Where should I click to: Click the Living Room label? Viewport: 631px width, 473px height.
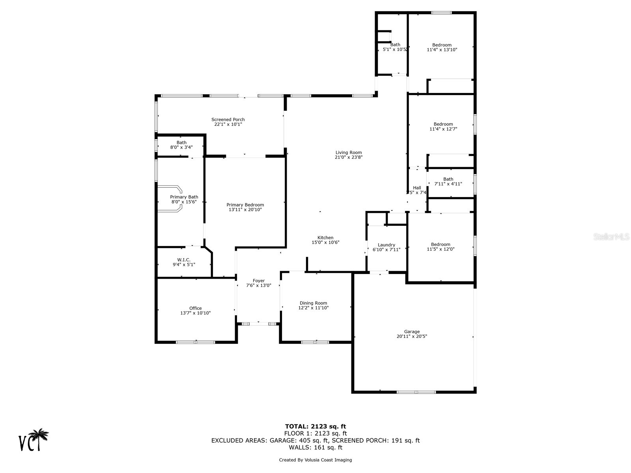click(x=348, y=153)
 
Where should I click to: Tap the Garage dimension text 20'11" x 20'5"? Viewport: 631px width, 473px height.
click(x=412, y=336)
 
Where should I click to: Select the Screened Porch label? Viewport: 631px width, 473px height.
click(x=228, y=119)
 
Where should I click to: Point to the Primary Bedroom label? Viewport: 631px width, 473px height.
click(x=245, y=205)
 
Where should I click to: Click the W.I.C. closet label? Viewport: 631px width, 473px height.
click(x=184, y=260)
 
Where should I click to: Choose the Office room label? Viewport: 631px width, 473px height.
click(x=196, y=308)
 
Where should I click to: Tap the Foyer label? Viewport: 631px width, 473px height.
click(x=259, y=281)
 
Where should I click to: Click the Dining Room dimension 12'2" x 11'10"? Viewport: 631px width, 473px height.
click(x=314, y=308)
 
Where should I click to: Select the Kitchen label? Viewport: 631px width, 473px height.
click(x=325, y=238)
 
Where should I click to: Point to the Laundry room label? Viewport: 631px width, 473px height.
click(x=386, y=245)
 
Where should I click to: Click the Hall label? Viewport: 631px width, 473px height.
click(x=417, y=188)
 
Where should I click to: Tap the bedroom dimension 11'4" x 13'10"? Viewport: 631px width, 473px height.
click(x=442, y=50)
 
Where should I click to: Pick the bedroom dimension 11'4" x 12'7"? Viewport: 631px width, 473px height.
click(x=443, y=129)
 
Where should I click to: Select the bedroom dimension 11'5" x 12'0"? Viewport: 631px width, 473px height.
click(x=441, y=249)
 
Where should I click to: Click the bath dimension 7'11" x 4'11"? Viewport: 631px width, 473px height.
click(x=448, y=184)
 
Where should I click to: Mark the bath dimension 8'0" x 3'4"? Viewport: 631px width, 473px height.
click(x=181, y=147)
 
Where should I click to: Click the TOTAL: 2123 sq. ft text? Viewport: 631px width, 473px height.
click(x=315, y=426)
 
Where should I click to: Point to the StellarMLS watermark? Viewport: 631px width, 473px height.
click(x=611, y=236)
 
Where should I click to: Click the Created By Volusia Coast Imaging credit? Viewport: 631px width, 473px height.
click(x=315, y=460)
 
